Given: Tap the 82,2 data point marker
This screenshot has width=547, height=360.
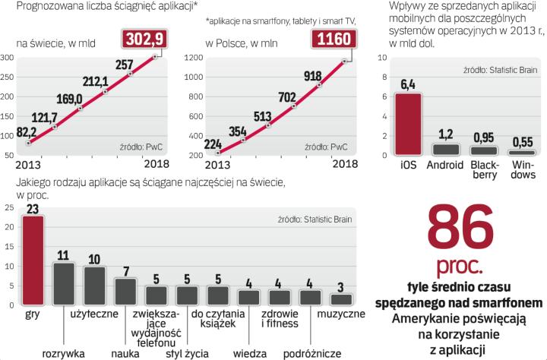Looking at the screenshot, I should tap(28, 143).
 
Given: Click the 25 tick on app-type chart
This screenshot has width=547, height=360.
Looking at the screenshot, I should tap(8, 207).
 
